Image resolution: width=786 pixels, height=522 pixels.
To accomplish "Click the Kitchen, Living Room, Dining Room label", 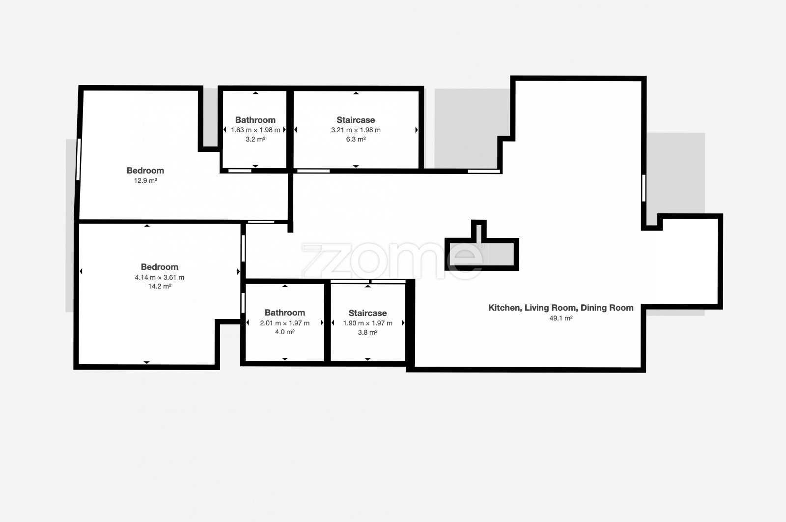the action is coord(561,308).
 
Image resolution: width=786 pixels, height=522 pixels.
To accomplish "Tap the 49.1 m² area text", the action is coord(561,318).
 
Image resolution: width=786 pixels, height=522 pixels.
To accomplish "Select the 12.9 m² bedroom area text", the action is coord(145,180).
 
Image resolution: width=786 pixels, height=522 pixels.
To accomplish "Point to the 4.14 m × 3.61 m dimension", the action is coord(160,277).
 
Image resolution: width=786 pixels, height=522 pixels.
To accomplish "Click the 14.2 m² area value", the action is coord(160,286).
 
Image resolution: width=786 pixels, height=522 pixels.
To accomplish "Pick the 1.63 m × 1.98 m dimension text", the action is coord(255,130).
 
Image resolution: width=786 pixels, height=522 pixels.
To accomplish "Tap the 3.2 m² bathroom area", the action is coord(255,139).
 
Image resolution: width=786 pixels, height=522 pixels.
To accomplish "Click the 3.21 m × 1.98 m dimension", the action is coord(356,130).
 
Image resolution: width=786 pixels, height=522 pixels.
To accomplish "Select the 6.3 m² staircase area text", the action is coord(356,139).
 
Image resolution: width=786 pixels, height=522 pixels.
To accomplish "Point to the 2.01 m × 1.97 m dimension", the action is coord(284,323).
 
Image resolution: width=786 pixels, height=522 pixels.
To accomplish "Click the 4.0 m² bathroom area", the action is coord(284,332).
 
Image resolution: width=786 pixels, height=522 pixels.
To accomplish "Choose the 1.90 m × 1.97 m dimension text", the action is coord(368,323).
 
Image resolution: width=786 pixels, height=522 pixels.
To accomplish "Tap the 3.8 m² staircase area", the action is coord(368,332).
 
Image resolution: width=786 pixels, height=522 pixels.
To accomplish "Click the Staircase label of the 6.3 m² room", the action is coord(356,120).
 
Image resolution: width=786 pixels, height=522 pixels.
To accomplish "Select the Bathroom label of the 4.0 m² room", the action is coord(284,313).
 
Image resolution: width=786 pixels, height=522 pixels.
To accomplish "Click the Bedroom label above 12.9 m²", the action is coord(145,171).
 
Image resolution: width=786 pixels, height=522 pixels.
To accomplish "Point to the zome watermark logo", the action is coord(393,261).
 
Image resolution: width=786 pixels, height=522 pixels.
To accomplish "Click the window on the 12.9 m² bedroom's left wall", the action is coord(79,159).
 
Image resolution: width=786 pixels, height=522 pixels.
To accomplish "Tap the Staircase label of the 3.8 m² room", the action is coord(368,313).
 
